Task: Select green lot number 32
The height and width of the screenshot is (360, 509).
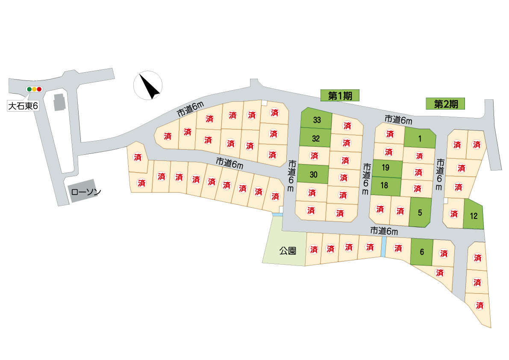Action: point(315,138)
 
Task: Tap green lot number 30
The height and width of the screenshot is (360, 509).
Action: point(313,174)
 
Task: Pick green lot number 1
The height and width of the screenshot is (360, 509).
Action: point(420,139)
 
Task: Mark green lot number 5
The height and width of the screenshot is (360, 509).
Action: point(420,212)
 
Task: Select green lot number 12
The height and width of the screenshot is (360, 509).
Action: point(474,215)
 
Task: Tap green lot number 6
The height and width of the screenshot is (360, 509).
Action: point(422,252)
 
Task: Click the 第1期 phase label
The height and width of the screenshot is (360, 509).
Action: point(340,95)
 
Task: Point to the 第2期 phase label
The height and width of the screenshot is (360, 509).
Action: point(445,104)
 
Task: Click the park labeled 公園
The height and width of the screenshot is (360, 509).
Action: point(284,241)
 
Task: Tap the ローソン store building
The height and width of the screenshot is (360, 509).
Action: point(83,191)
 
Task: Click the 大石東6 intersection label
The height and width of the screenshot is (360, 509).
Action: point(23,106)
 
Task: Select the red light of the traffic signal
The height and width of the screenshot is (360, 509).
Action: point(39,89)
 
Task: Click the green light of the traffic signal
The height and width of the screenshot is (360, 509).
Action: point(29,89)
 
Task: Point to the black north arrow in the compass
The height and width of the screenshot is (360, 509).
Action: point(149,86)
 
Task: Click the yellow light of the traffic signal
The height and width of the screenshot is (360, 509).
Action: point(34,89)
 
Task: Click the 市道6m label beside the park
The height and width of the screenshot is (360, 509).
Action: point(384,231)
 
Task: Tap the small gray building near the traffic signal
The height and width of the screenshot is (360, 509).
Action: point(59,102)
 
